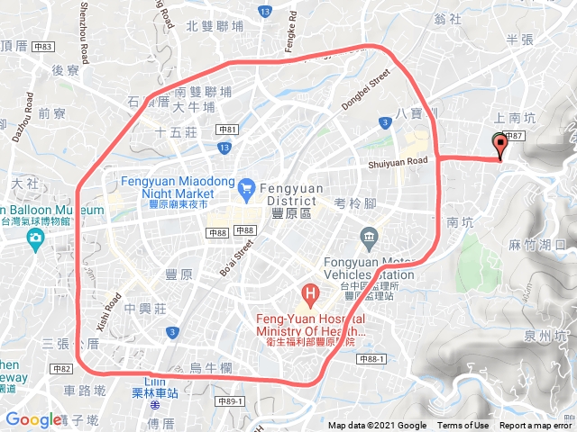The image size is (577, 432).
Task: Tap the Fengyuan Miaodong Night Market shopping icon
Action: (x=246, y=187)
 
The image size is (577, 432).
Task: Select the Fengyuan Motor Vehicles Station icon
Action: (x=369, y=238)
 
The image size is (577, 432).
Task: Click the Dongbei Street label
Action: (x=365, y=92)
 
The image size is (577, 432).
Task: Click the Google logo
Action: (x=32, y=419)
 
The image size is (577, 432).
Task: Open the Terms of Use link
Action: (x=463, y=426)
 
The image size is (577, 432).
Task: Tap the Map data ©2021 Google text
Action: (x=377, y=426)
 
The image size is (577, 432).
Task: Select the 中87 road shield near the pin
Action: (x=513, y=135)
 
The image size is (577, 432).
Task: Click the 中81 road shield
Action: (x=228, y=130)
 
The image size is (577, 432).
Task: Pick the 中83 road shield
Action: (x=42, y=47)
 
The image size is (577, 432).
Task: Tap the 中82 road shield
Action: (x=61, y=369)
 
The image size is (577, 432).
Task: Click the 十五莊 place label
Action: (x=176, y=132)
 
